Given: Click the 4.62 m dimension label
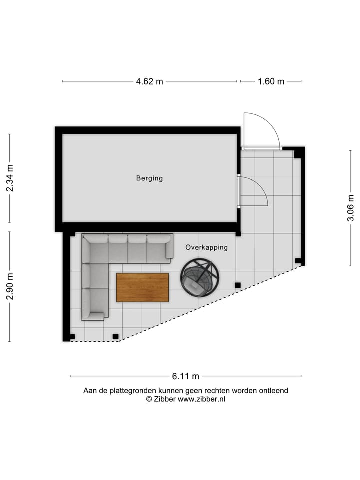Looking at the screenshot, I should pyautogui.click(x=149, y=81).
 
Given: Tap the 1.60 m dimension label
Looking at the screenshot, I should pyautogui.click(x=271, y=81).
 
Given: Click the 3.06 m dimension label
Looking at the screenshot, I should pyautogui.click(x=351, y=207).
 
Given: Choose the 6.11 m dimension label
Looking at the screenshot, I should pyautogui.click(x=185, y=376).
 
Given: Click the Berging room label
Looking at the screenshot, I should pyautogui.click(x=149, y=178).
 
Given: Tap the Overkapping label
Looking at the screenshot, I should pyautogui.click(x=206, y=247).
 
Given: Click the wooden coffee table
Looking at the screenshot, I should pyautogui.click(x=142, y=287).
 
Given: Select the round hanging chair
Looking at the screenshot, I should pyautogui.click(x=200, y=278).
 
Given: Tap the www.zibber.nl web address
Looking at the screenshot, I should pyautogui.click(x=201, y=399).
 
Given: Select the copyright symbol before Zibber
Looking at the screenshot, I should pyautogui.click(x=148, y=399).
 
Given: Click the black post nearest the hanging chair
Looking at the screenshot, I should pyautogui.click(x=238, y=285).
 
